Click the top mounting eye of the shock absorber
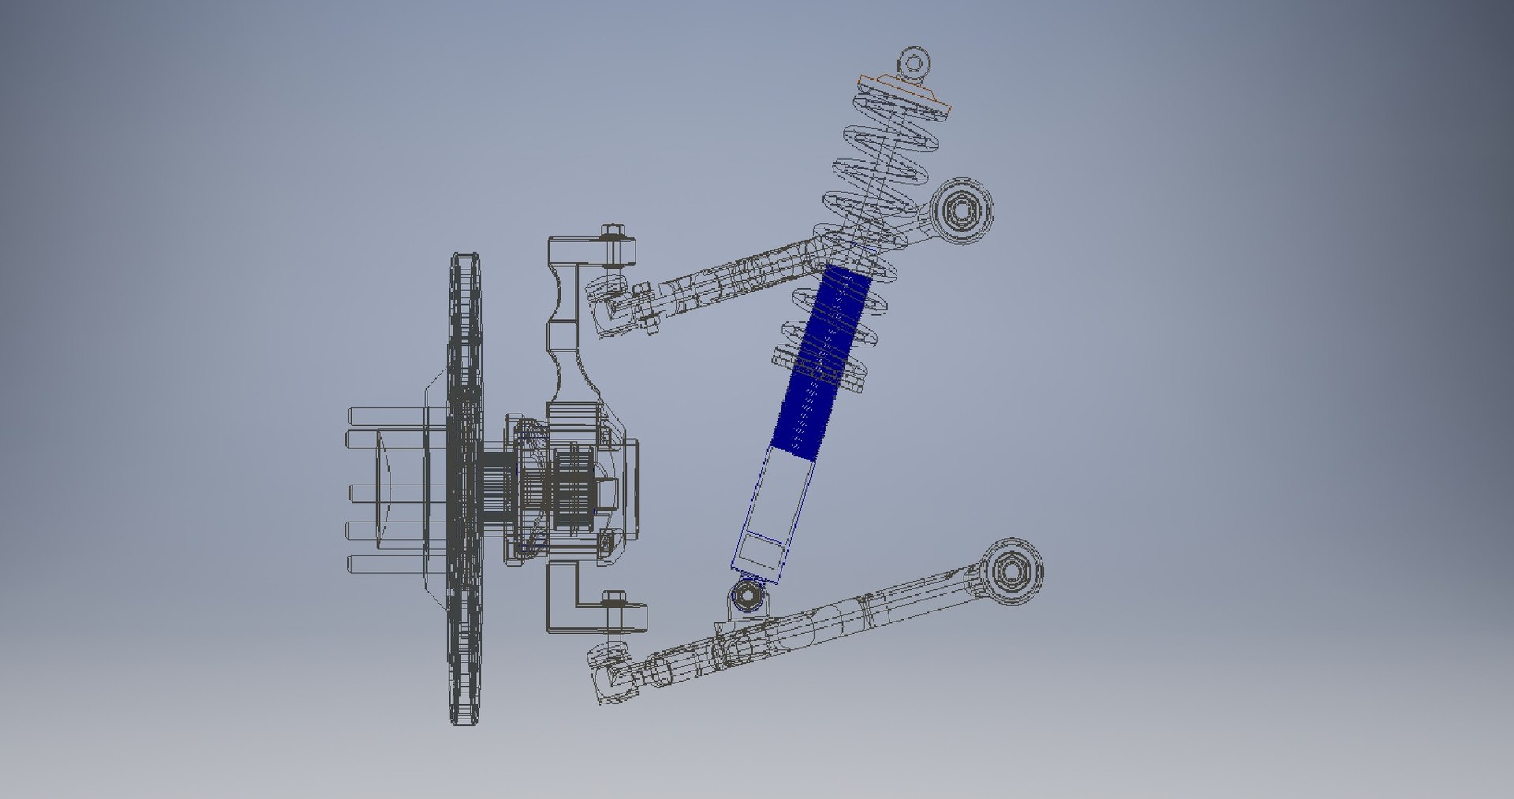pos(915,61)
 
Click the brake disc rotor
pos(464,489)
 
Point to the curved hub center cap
pos(386,489)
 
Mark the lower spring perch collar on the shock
pos(820,366)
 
